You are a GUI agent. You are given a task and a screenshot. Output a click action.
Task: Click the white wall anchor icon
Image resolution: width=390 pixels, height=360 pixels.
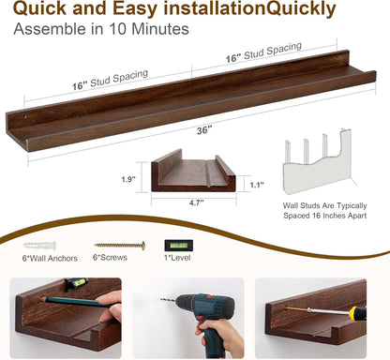point(36,245)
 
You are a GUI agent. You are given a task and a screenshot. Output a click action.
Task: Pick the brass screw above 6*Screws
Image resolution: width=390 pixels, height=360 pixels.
point(119,246)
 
